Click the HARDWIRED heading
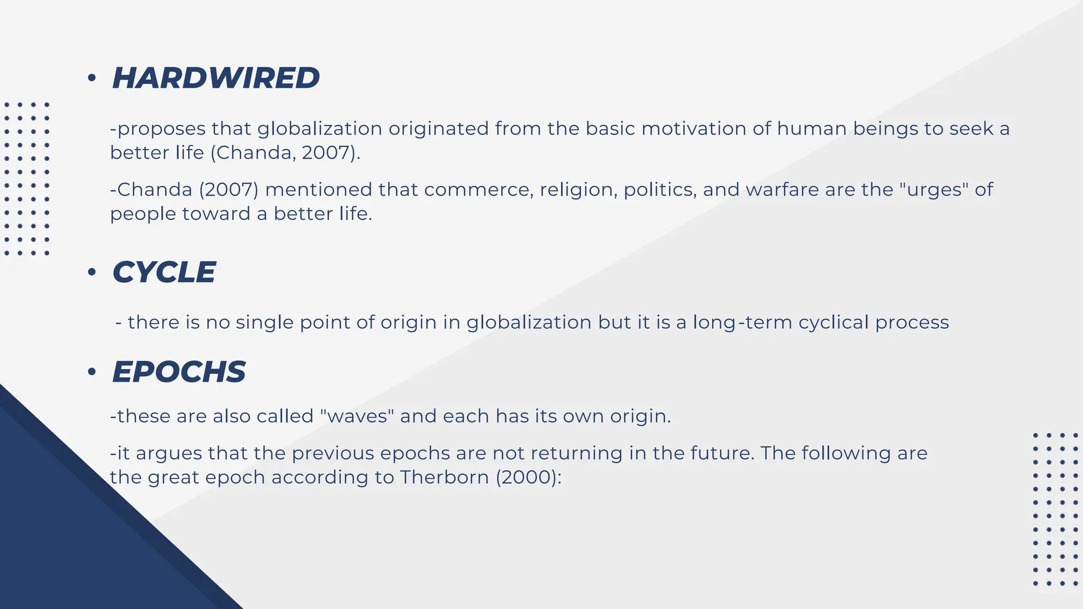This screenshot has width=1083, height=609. (216, 78)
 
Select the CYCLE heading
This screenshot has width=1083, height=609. (164, 273)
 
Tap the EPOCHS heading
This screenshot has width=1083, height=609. (179, 372)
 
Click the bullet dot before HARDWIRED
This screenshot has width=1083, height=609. (92, 78)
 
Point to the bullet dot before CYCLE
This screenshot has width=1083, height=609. (92, 273)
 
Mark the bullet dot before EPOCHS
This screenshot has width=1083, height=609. (92, 372)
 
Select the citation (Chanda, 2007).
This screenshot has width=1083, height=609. (286, 153)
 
